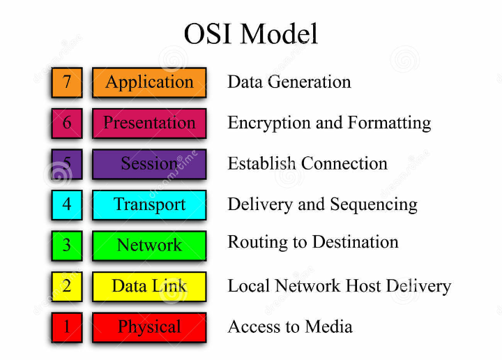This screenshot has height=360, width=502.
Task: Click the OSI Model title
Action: coord(250,33)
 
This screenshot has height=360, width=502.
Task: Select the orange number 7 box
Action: coord(67,82)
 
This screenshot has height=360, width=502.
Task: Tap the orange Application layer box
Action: coord(149,82)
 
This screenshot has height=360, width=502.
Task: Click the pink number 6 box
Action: coord(67,123)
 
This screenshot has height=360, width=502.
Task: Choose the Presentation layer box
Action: coord(149,123)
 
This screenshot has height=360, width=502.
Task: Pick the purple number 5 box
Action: coord(67,164)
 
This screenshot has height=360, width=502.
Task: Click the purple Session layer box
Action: coord(149,164)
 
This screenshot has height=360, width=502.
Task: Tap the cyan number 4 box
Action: coord(67,204)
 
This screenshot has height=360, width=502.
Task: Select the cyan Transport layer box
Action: coord(149,204)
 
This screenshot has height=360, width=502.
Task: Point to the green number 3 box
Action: coord(67,245)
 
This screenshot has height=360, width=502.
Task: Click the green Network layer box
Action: coord(149,245)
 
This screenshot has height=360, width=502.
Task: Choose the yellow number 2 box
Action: coord(67,286)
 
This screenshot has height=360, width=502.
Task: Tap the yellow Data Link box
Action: coord(149,286)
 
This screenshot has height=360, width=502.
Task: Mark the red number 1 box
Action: coord(67,327)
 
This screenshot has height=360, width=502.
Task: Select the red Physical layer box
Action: coord(149,327)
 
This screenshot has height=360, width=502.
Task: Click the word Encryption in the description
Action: coord(262,123)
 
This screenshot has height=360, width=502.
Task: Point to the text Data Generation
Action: coord(289,82)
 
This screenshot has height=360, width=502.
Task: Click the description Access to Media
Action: coord(289,327)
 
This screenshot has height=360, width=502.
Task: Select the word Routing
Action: coord(251,243)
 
